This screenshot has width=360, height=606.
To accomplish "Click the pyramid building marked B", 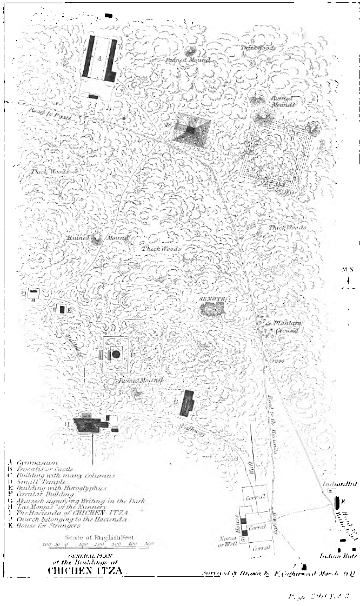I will (191, 130).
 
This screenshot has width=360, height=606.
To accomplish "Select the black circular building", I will (115, 354).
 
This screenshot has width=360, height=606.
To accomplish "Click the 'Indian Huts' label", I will (332, 555).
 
